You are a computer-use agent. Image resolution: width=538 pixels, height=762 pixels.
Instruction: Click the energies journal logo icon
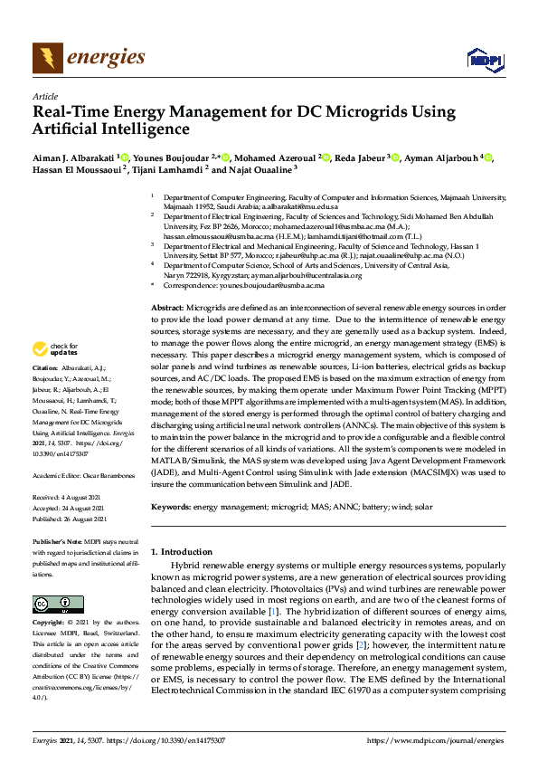(48, 59)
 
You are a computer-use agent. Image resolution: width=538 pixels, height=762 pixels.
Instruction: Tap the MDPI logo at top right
(484, 61)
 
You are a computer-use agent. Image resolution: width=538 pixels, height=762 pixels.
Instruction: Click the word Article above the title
(44, 96)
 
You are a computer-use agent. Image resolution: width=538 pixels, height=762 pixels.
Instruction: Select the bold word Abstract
(167, 310)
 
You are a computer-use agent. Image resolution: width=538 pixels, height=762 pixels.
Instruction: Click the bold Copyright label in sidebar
(50, 624)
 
